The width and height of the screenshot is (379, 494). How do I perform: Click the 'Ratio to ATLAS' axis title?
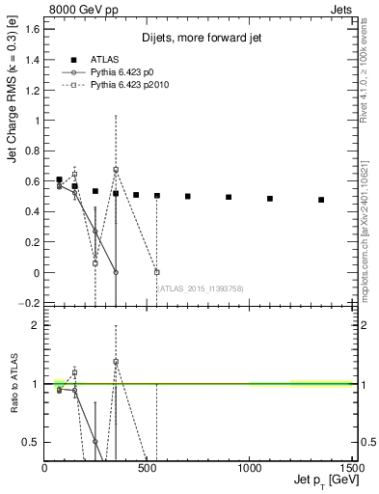click(13, 384)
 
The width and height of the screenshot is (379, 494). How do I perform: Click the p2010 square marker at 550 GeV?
click(157, 272)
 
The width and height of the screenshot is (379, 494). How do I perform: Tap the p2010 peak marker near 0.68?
click(116, 170)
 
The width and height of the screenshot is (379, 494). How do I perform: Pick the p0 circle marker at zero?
click(116, 272)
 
